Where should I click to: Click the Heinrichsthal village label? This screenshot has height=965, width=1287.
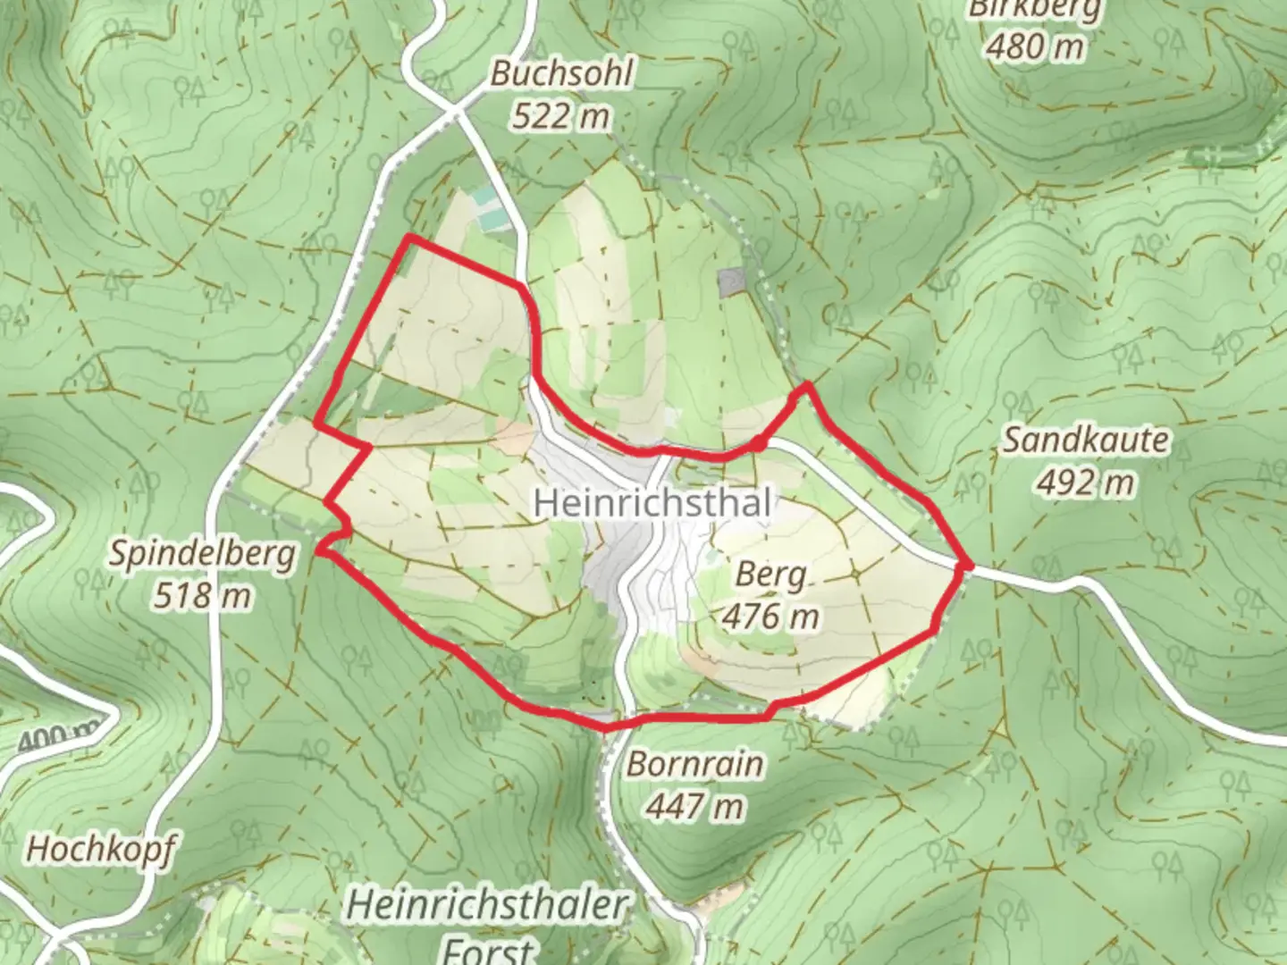[652, 502]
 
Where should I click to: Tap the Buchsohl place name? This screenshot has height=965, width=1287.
[561, 74]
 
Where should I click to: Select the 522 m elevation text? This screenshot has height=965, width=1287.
[561, 115]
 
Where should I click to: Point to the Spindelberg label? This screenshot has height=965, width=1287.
[202, 554]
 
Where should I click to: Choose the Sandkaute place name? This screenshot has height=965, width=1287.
[1085, 440]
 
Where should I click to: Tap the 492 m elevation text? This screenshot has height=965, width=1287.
[1085, 482]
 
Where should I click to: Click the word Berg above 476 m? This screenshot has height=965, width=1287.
[770, 575]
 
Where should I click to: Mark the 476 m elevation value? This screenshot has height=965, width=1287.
[770, 616]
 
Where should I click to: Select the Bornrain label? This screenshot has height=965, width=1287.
[695, 764]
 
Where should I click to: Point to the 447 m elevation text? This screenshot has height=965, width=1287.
[695, 806]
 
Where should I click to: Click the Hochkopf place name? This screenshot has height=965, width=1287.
[100, 849]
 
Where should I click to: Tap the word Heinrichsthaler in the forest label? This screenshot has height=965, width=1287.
[487, 905]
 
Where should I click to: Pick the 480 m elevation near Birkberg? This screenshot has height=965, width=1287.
[1035, 46]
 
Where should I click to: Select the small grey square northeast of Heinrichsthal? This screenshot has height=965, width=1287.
[731, 282]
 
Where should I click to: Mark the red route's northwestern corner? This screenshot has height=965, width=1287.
[408, 238]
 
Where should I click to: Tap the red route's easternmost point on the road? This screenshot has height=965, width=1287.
[966, 565]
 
